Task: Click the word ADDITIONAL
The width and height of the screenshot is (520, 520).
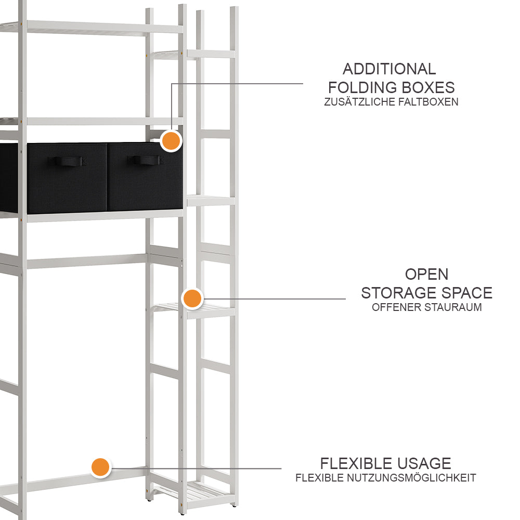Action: pyautogui.click(x=389, y=69)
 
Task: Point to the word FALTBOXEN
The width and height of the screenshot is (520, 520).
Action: pyautogui.click(x=428, y=102)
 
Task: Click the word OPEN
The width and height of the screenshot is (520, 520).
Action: pyautogui.click(x=426, y=274)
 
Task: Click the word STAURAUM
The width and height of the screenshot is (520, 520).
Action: pyautogui.click(x=453, y=307)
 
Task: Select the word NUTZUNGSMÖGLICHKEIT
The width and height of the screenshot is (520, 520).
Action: pyautogui.click(x=411, y=478)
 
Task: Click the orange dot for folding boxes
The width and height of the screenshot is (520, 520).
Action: pyautogui.click(x=171, y=141)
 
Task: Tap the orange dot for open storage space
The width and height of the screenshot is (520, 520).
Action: pyautogui.click(x=192, y=298)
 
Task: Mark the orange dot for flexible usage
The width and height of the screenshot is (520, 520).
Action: pyautogui.click(x=100, y=467)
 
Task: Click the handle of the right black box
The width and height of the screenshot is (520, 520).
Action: pyautogui.click(x=146, y=160)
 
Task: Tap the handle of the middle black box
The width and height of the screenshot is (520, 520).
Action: pyautogui.click(x=65, y=161)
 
